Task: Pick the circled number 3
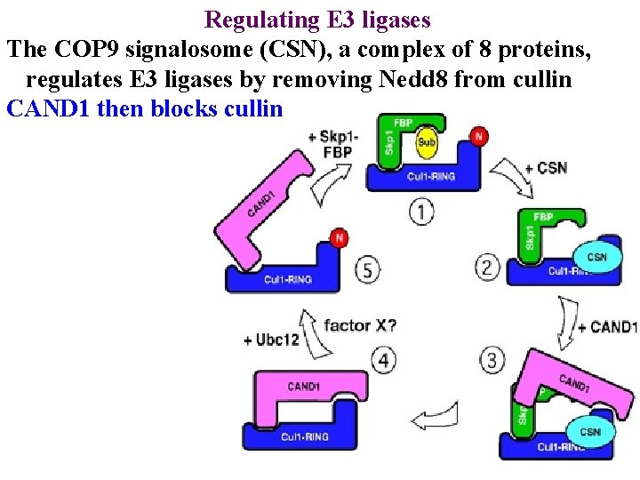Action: [492, 361]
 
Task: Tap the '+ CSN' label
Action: [546, 168]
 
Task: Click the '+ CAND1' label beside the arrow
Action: [608, 327]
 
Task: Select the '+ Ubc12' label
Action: [270, 340]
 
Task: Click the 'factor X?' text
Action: [360, 324]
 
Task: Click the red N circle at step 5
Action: [339, 238]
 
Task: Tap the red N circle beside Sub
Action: [479, 135]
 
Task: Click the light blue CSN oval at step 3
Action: [590, 432]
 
